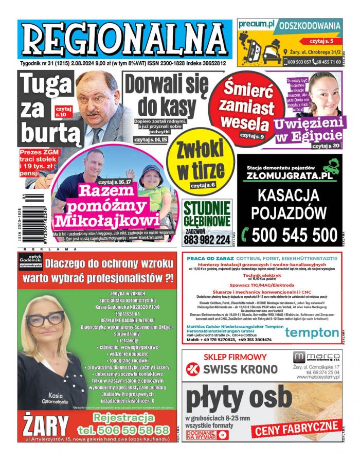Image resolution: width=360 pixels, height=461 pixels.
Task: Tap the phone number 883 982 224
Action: coord(207,240)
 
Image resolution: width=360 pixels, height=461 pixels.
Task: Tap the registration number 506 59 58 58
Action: coord(123,430)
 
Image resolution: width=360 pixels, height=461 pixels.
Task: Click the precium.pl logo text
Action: coord(258,25)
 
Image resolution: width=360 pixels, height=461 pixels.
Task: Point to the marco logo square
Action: coord(298,357)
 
